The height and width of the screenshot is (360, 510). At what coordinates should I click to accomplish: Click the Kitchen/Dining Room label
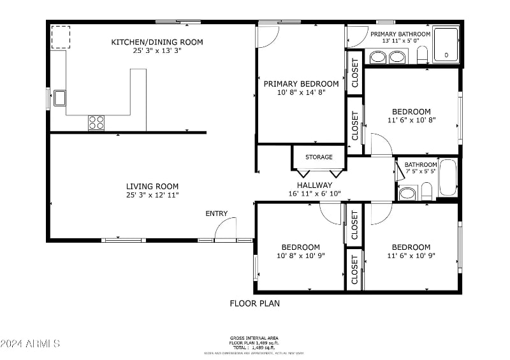click(x=157, y=42)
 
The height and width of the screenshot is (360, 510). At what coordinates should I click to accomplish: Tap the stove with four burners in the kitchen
click(x=96, y=122)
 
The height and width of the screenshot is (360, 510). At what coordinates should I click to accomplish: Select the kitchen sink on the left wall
click(x=59, y=97)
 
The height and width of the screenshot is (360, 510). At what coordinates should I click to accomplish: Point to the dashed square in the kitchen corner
click(x=61, y=37)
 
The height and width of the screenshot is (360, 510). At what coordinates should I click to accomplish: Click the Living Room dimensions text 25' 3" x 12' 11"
click(x=152, y=195)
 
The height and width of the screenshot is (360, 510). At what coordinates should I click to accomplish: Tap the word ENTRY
click(x=216, y=213)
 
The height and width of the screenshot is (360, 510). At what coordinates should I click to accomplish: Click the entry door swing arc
click(x=226, y=228)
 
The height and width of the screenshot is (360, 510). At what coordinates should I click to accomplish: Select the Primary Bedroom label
click(x=301, y=83)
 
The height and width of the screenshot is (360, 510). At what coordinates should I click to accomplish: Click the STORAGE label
click(x=319, y=157)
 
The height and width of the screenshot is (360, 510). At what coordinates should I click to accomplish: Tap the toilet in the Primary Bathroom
click(x=421, y=55)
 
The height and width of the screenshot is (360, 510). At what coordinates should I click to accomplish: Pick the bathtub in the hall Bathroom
click(x=448, y=178)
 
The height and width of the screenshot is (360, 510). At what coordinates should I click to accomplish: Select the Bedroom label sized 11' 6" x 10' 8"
click(x=411, y=112)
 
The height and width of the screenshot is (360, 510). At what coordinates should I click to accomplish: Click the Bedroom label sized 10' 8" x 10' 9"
click(x=301, y=247)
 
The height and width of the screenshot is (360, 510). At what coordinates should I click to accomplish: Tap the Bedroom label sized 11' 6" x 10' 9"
click(x=411, y=247)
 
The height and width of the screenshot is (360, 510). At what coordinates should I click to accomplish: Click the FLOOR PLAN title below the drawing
click(x=254, y=303)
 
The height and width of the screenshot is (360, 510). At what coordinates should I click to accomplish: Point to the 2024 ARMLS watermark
click(x=30, y=343)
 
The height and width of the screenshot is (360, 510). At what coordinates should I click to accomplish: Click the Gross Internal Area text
click(x=254, y=338)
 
